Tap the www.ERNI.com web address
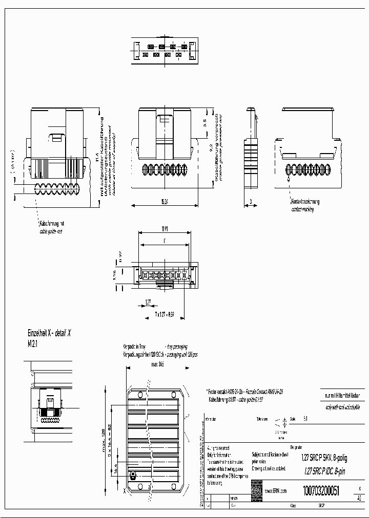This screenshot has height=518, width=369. (x=275, y=490)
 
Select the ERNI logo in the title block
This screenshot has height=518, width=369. (x=256, y=490)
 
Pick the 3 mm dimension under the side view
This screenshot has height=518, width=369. (x=251, y=202)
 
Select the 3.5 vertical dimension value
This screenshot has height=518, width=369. (x=204, y=122)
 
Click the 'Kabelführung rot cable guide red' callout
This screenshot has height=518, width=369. (x=52, y=228)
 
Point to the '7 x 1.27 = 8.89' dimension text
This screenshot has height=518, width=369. (x=166, y=314)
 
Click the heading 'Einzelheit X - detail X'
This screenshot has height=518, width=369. (x=49, y=333)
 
